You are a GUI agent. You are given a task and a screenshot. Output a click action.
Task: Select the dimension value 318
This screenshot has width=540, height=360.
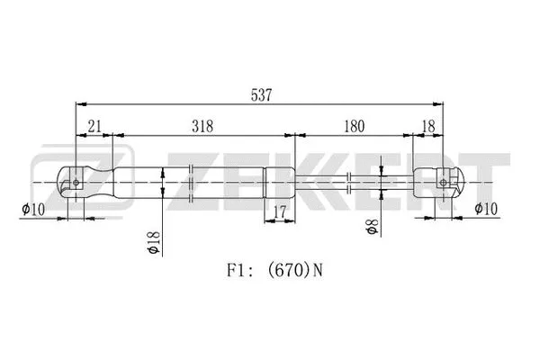(202, 127)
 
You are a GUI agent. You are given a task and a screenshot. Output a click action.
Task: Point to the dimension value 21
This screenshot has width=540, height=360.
(94, 127)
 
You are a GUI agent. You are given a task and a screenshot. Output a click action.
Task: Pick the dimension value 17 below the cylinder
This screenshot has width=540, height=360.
(280, 212)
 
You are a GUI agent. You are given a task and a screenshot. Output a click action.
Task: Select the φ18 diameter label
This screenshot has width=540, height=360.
(154, 241)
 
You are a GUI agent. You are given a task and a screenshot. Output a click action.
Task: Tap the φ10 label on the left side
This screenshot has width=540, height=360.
(32, 211)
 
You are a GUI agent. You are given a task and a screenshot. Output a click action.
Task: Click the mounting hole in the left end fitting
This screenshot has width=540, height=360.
(77, 183)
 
